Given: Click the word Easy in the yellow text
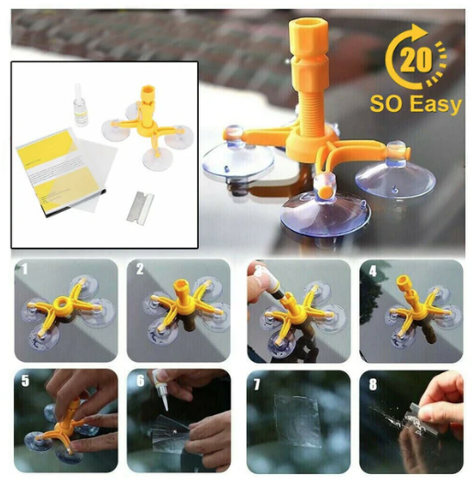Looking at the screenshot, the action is pos(437,105).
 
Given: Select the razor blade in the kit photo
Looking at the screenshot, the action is pos(140,206).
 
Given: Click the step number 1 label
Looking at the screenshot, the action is pos(25,270).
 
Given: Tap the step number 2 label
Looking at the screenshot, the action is pos(140,270).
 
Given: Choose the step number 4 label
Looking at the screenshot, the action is pos(373,271).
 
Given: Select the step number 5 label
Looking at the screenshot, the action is pos(26,381).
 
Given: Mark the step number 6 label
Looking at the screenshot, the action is pos(141,381).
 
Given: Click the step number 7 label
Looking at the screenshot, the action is pos(257,385).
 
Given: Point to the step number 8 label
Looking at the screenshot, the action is pos(373,384).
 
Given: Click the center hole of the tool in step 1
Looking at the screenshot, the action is pos(61,304).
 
